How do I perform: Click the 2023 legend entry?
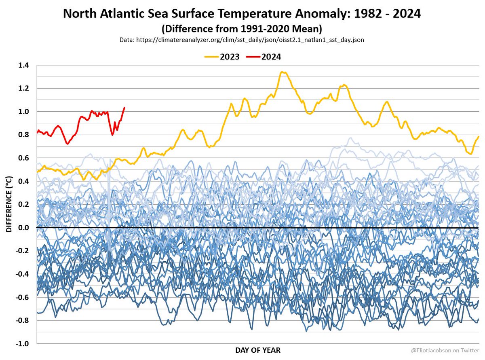coord(222,57)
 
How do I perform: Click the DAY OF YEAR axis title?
coord(257,350)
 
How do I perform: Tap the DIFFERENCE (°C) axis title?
coord(9,205)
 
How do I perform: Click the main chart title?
coord(242,14)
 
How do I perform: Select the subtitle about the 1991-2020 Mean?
coord(242,29)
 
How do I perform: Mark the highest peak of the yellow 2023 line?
coord(283,72)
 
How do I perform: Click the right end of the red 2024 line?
coord(124,107)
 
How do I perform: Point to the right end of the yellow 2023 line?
coord(479,136)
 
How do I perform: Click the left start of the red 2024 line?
coord(37,132)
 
